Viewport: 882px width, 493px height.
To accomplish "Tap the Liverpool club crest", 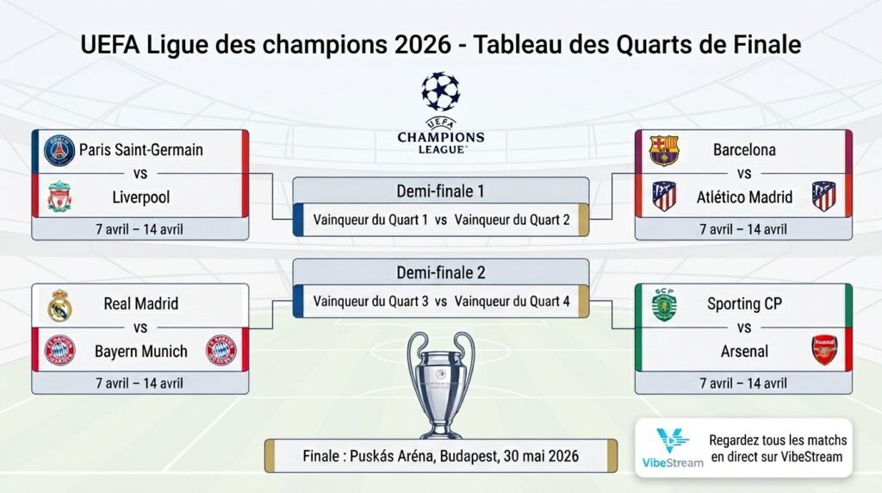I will pyautogui.click(x=59, y=197).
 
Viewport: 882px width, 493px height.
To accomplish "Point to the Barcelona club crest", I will pyautogui.click(x=664, y=150).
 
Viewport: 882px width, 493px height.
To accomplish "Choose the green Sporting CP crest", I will pyautogui.click(x=664, y=304).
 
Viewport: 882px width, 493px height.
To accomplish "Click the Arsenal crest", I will pyautogui.click(x=824, y=351).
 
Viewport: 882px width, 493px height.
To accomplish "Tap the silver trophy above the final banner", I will pyautogui.click(x=440, y=384).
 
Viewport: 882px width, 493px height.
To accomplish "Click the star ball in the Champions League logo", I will pyautogui.click(x=440, y=91).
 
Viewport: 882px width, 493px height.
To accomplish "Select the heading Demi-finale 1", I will pyautogui.click(x=440, y=190).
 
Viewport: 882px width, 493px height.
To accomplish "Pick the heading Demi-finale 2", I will pyautogui.click(x=440, y=272).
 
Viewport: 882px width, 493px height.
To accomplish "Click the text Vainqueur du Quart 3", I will pyautogui.click(x=370, y=302).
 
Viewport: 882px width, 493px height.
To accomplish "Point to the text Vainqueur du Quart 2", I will pyautogui.click(x=512, y=220).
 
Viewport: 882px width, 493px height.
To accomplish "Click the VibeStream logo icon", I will pyautogui.click(x=672, y=440).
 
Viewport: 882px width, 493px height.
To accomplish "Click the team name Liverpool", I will pyautogui.click(x=141, y=197).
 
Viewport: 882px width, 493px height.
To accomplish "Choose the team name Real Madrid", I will pyautogui.click(x=140, y=303).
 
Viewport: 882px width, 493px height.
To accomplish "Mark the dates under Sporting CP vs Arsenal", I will pyautogui.click(x=742, y=383).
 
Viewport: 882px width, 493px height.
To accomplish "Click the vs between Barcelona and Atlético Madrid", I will pyautogui.click(x=744, y=173).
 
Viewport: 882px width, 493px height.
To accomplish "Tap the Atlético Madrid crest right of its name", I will pyautogui.click(x=824, y=197).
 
